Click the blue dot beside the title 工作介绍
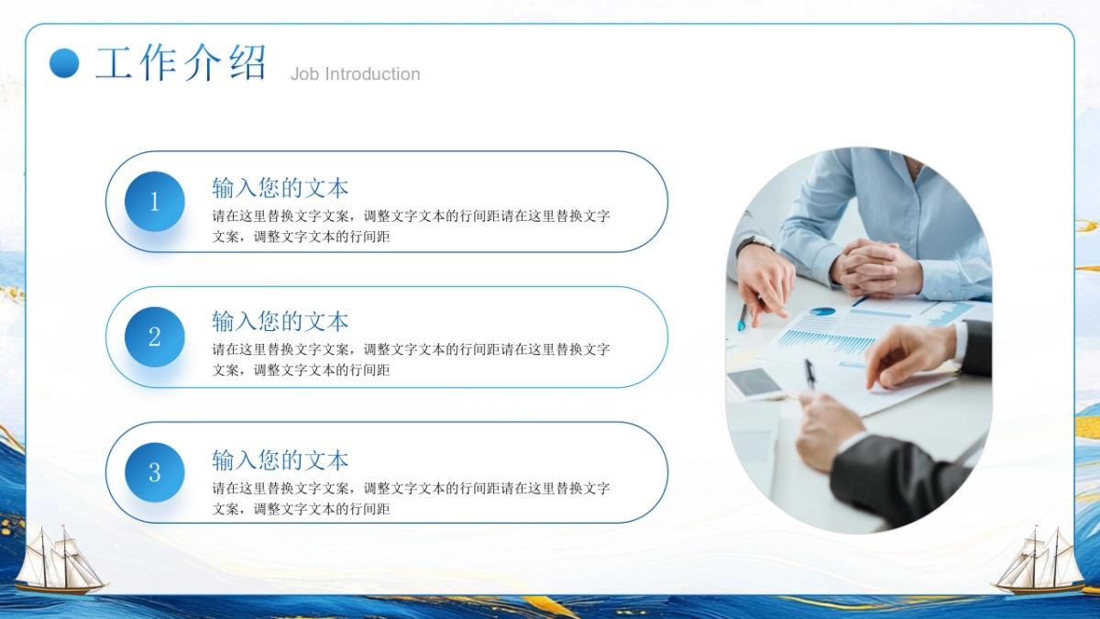coord(64,63)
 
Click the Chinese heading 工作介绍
coord(181,63)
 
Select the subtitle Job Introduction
coord(355,74)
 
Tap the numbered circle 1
coord(154,202)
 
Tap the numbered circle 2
coord(154,337)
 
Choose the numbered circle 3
coord(154,472)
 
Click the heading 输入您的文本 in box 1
coord(280,189)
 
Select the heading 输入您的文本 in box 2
coord(280,322)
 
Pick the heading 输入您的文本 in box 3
coord(280,459)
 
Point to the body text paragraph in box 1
coord(411,227)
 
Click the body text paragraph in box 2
coord(411,359)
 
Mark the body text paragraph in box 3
coord(411,498)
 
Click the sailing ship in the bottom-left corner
coord(60,560)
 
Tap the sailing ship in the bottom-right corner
coord(1039,560)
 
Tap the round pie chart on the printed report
coord(822,312)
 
